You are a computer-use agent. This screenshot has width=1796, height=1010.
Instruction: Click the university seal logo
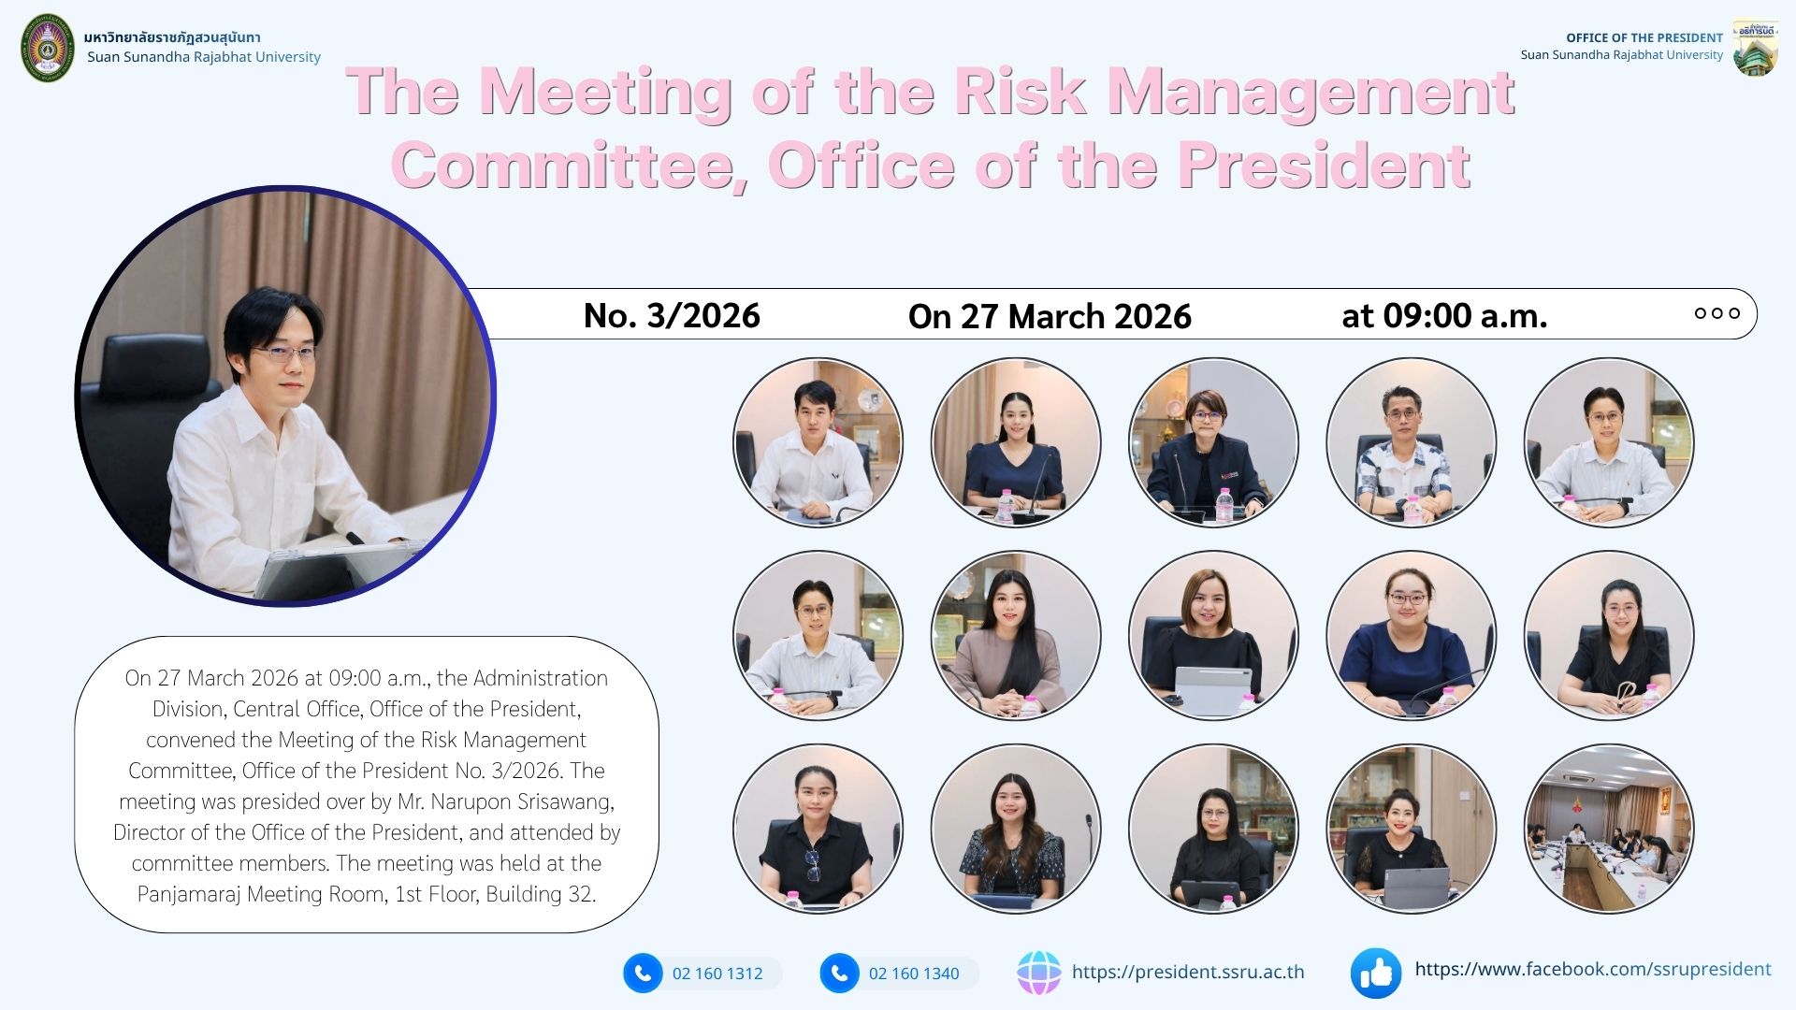[48, 48]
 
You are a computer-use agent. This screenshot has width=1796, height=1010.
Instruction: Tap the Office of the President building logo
[1755, 48]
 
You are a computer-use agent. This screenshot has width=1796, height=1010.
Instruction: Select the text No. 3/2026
[672, 316]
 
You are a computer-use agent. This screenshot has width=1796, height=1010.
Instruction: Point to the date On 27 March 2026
[1050, 316]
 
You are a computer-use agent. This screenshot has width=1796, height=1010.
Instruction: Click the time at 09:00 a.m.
[1444, 316]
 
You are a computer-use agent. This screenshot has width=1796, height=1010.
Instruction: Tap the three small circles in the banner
[1717, 313]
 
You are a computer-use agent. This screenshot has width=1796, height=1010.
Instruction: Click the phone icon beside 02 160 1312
[643, 974]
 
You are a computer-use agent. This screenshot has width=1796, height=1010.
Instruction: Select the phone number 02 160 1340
[914, 974]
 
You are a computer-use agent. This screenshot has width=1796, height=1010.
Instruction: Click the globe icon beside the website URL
[1039, 973]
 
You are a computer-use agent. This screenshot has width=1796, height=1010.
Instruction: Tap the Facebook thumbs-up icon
[1376, 974]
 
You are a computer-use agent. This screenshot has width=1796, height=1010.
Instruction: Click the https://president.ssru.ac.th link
[1188, 973]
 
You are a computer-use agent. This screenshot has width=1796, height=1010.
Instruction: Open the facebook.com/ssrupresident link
[1593, 970]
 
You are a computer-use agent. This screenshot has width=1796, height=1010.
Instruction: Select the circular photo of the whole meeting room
[1609, 829]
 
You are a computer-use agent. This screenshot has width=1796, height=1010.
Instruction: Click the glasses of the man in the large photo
[284, 353]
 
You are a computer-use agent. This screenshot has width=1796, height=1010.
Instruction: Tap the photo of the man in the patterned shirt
[1412, 442]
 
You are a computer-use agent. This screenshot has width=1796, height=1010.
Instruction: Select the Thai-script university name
[172, 37]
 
